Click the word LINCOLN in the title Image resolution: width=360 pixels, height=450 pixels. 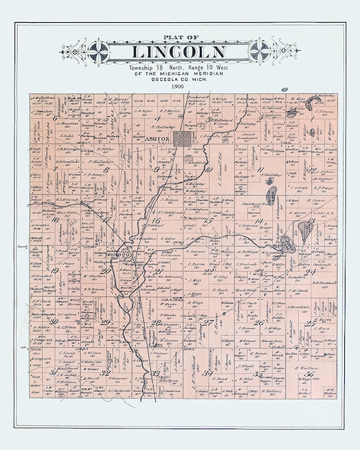pyautogui.click(x=179, y=52)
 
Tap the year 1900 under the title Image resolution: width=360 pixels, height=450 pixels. pyautogui.click(x=180, y=86)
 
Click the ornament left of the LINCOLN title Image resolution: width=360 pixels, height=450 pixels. pyautogui.click(x=99, y=50)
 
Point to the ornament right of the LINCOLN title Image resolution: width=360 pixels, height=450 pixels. pyautogui.click(x=260, y=50)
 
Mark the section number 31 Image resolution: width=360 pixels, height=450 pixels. pyautogui.click(x=53, y=372)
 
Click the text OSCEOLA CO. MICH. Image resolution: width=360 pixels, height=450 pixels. pyautogui.click(x=180, y=78)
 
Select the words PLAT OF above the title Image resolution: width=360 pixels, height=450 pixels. pyautogui.click(x=180, y=37)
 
